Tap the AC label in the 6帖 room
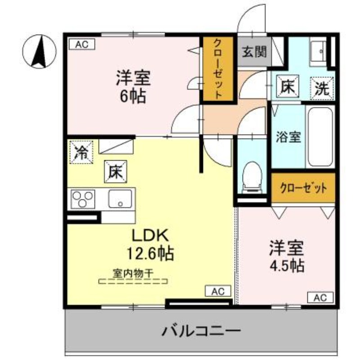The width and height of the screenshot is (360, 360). [x=82, y=44]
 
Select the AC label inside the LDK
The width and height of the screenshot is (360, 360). [x=218, y=292]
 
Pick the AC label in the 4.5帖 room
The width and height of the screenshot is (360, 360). [x=320, y=297]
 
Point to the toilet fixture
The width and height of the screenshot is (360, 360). [x=251, y=175]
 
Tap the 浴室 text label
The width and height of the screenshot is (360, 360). [x=288, y=137]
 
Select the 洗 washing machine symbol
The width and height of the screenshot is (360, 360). [x=322, y=87]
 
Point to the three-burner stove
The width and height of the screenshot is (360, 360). [x=84, y=198]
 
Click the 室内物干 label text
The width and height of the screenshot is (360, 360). [x=133, y=273]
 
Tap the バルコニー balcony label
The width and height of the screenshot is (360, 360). [x=201, y=332]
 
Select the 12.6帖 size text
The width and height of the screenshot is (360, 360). [x=150, y=254]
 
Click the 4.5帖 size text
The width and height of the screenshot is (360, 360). [x=286, y=265]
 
